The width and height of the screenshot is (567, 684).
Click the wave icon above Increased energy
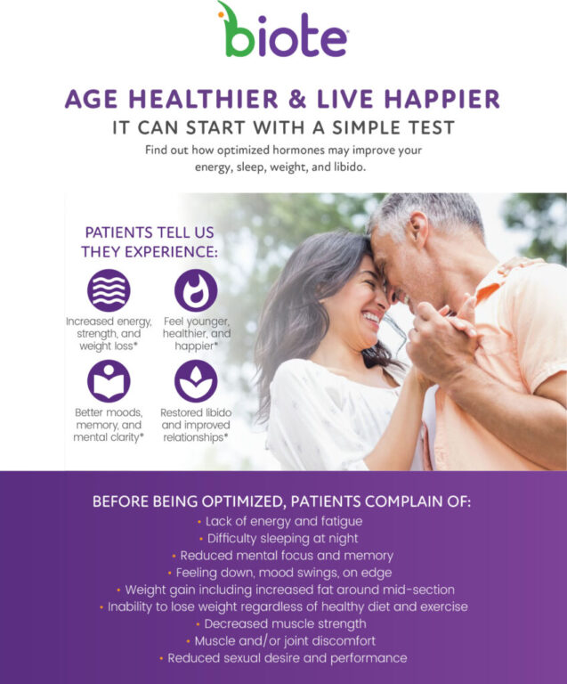[x=109, y=290]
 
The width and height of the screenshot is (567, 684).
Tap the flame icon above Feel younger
[x=196, y=290]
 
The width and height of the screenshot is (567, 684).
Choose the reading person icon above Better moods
[x=109, y=381]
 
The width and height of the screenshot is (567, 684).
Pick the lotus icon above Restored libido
[x=196, y=381]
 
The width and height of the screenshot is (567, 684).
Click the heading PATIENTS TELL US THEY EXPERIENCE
[x=149, y=241]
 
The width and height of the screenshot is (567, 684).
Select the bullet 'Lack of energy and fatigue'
[x=284, y=521]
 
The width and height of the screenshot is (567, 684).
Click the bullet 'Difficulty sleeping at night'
[x=283, y=538]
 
